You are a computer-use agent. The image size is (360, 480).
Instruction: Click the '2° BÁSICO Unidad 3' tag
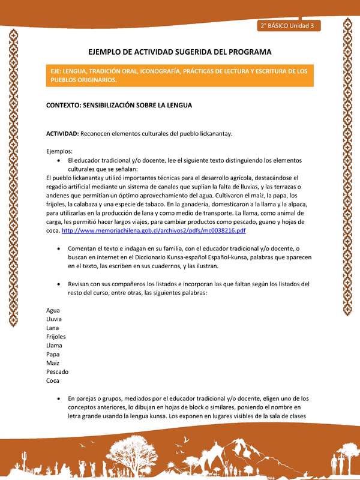pyautogui.click(x=289, y=26)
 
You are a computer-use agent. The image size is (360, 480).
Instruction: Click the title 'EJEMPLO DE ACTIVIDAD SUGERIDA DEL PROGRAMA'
pyautogui.click(x=180, y=52)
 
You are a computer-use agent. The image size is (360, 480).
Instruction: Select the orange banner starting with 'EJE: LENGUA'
pyautogui.click(x=180, y=75)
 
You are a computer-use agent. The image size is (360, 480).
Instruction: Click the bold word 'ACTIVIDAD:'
pyautogui.click(x=62, y=133)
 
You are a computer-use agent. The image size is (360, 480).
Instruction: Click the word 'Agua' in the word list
pyautogui.click(x=53, y=310)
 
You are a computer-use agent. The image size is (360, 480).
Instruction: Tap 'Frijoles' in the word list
pyautogui.click(x=56, y=337)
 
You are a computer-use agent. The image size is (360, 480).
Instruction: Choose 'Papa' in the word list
pyautogui.click(x=53, y=354)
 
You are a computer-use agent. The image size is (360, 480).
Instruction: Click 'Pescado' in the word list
pyautogui.click(x=57, y=371)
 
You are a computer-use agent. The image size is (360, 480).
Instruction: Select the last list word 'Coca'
pyautogui.click(x=53, y=380)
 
